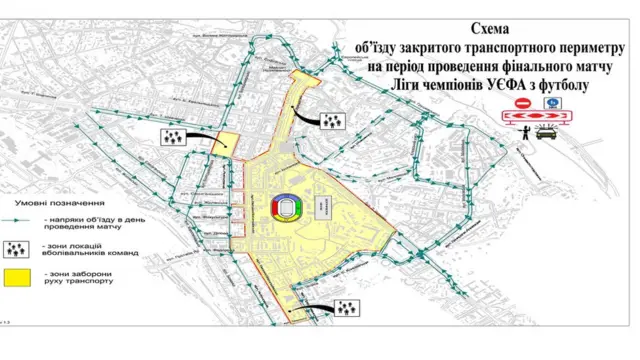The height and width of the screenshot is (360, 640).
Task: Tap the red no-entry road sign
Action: tap(522, 104)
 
